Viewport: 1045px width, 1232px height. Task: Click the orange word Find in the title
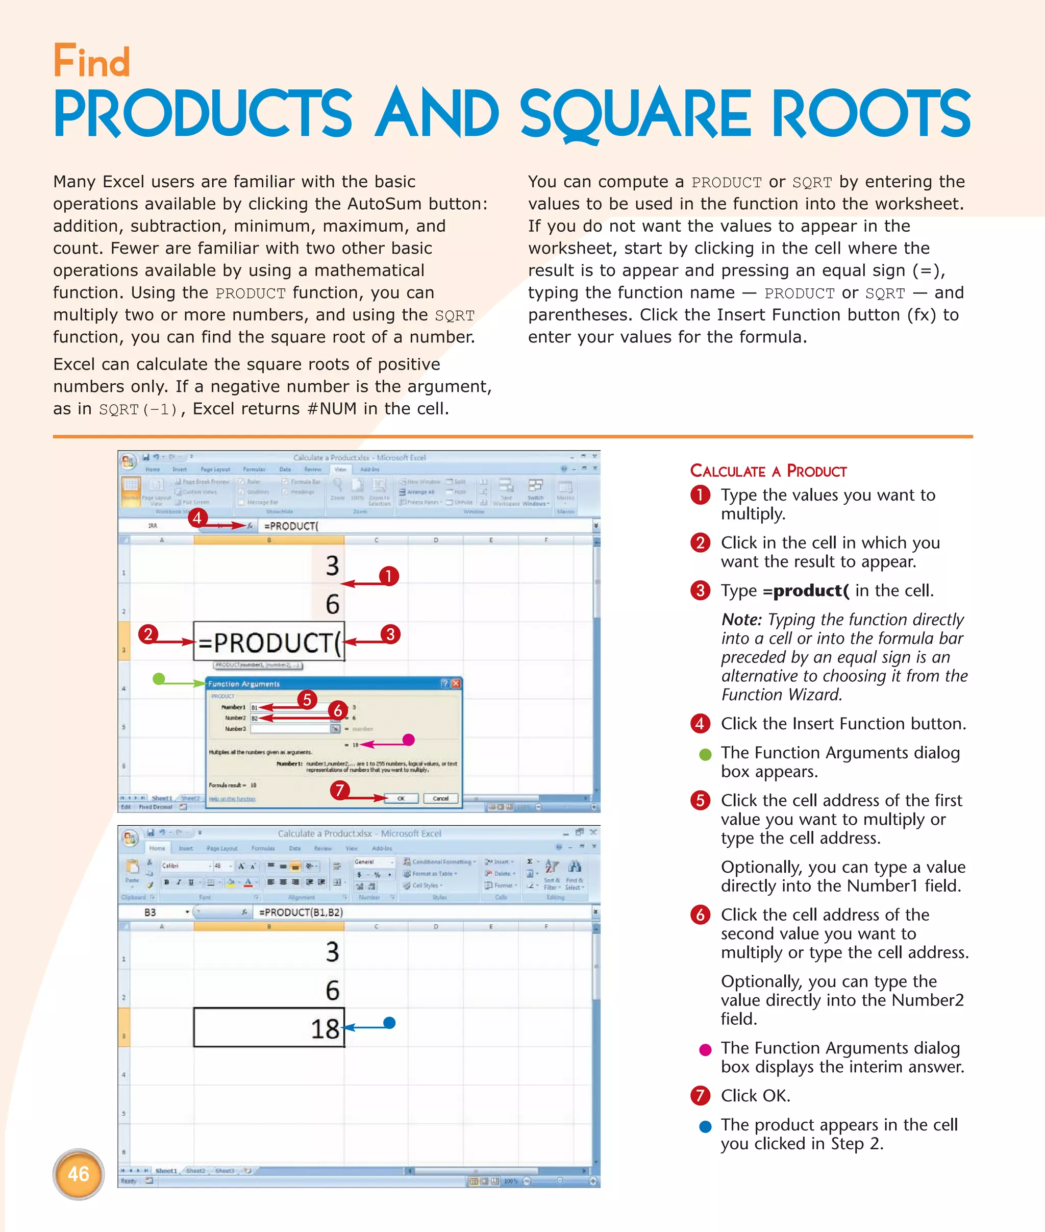pos(91,62)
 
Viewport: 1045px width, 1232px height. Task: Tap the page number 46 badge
pos(78,1174)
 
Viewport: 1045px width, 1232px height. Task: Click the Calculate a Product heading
pos(768,471)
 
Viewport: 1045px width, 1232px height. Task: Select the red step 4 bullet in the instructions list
pos(700,724)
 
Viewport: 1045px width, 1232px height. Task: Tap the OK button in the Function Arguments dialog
pos(401,798)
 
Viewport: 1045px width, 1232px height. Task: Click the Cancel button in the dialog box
pos(440,798)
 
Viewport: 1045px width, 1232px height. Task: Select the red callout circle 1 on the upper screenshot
pos(389,575)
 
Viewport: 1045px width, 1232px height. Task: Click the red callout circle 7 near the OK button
pos(339,790)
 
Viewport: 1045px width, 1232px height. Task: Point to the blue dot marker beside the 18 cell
pos(389,1022)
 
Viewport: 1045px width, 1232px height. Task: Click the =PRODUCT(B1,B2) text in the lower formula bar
pos(301,912)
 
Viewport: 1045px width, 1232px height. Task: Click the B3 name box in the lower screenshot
pos(151,913)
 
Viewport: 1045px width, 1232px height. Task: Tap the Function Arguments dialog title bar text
pos(243,684)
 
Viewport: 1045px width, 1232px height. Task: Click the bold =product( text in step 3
pos(806,591)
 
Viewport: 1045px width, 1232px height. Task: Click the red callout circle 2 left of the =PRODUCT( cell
pos(148,634)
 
